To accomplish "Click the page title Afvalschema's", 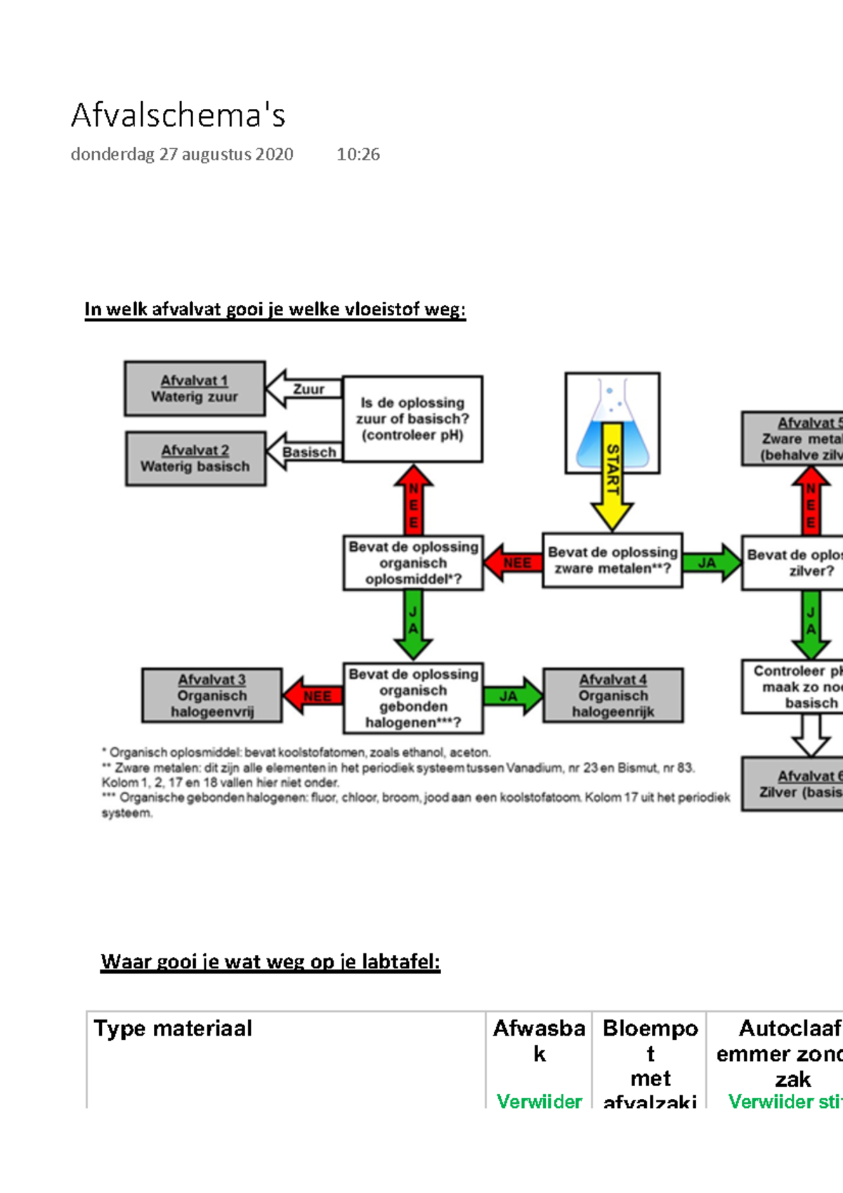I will coord(178,116).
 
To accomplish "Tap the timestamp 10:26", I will coord(358,155).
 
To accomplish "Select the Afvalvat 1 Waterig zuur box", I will coord(195,389).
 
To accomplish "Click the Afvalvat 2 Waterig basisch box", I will coord(195,459).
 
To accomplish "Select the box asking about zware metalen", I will coord(612,561).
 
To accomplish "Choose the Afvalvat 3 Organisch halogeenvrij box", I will coord(211,696).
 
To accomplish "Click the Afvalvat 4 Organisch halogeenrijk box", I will coord(613,696).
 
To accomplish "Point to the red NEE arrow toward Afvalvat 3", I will coord(313,696).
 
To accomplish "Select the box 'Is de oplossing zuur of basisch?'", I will coord(412,419).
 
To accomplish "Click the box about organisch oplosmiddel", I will coord(413,563).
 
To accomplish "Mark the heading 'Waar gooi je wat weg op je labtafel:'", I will coord(270,961).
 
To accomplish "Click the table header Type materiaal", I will coord(173,1029).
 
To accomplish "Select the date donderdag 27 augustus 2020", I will coord(182,155).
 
